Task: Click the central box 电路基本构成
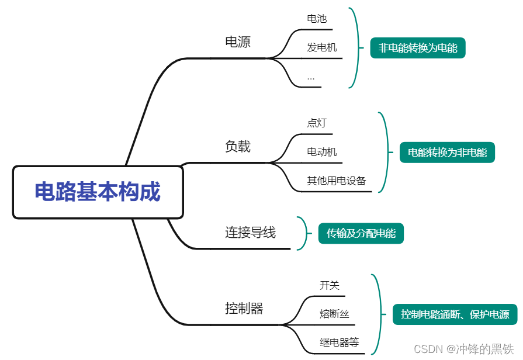tap(98, 192)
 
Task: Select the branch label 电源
tap(238, 42)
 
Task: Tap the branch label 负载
tap(238, 147)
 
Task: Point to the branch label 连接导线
tap(250, 233)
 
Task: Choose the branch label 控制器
tap(244, 309)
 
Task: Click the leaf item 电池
tap(317, 19)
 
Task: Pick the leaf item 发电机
tap(322, 48)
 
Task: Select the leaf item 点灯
tap(317, 123)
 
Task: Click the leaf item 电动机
tap(322, 153)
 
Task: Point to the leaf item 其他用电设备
tap(337, 181)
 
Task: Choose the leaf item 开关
tap(330, 285)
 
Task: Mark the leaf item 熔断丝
tap(334, 314)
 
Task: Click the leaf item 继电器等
tap(340, 343)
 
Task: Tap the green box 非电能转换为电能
tap(418, 48)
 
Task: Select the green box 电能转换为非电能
tap(447, 153)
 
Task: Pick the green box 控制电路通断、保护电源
tap(455, 314)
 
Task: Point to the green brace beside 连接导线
tap(302, 233)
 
